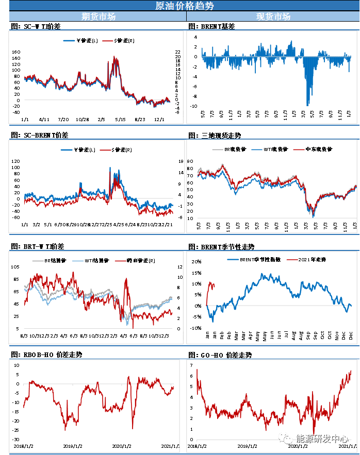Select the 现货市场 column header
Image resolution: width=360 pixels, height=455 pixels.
tap(273, 16)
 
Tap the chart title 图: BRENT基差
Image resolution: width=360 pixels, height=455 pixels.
tap(212, 26)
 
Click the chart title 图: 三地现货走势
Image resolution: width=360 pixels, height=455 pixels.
tap(215, 136)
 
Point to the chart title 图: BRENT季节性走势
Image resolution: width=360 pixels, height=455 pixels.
tap(222, 247)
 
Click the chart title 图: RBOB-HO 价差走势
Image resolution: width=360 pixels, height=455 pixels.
tap(46, 355)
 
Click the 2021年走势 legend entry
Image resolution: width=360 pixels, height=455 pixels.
tap(313, 259)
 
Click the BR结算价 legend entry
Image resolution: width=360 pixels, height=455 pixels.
tap(53, 261)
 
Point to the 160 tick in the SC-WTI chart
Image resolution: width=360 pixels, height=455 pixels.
tap(15, 52)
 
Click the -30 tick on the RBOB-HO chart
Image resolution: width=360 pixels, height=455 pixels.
tap(16, 439)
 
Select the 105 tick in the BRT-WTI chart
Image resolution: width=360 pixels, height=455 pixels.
tap(15, 266)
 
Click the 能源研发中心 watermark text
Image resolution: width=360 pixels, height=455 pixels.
tap(322, 439)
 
